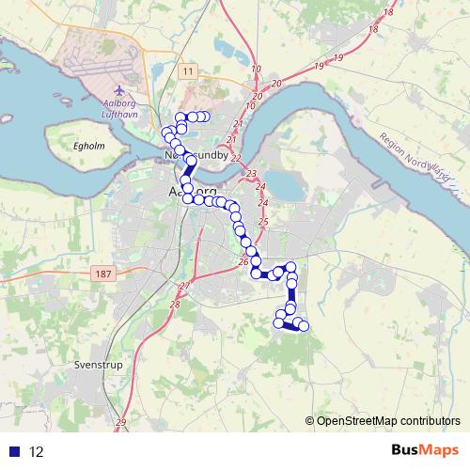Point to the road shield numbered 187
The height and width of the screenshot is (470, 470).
[x=104, y=274]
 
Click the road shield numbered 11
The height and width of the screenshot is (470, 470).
[x=189, y=71]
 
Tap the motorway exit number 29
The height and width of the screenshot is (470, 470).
[x=120, y=423]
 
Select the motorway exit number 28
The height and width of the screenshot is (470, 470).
[x=175, y=304]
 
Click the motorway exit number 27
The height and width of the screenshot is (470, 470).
[x=185, y=285]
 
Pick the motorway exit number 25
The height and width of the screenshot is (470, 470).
[x=263, y=222]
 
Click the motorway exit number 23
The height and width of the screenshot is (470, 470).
[x=251, y=176]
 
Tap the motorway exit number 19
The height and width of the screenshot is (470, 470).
[x=319, y=66]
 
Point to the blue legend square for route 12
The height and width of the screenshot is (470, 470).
[x=13, y=451]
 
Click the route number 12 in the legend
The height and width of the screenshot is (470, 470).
[x=36, y=452]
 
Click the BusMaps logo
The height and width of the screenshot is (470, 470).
[x=423, y=450]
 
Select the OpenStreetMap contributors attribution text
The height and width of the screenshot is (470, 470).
[x=384, y=420]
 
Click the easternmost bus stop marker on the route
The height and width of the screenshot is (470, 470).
[x=304, y=326]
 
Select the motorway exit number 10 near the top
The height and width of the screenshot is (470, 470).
[x=256, y=70]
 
